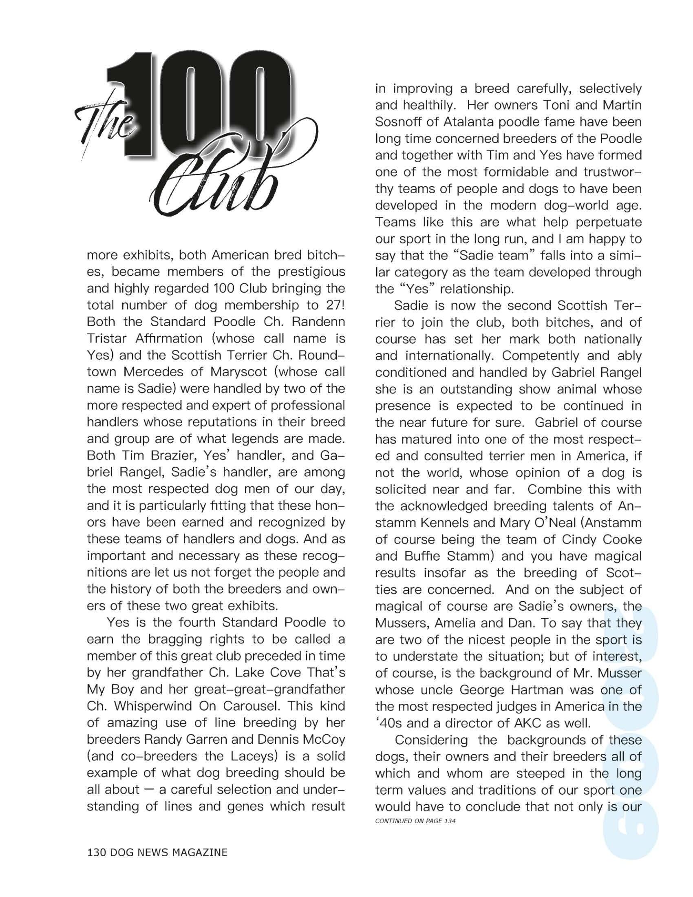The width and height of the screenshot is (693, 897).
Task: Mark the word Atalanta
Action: [x=478, y=122]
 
